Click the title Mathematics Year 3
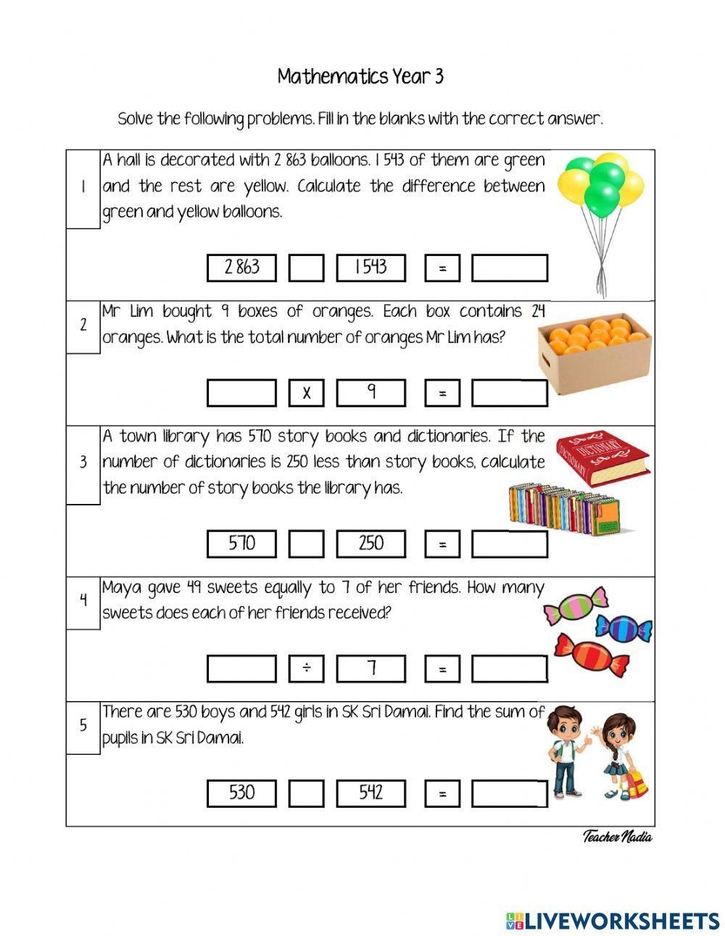coord(360,77)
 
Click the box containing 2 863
coord(241,268)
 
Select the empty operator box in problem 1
coord(306,268)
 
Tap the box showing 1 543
coord(370,268)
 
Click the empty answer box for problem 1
coord(509,268)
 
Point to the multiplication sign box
coord(306,393)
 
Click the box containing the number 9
coord(370,393)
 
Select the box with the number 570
coord(241,544)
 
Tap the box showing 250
coord(370,544)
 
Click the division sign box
coord(306,668)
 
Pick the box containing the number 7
coord(370,668)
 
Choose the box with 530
coord(241,793)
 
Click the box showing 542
coord(370,793)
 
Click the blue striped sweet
coord(623,627)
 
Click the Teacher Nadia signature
coord(617,837)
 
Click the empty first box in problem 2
coord(241,393)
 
